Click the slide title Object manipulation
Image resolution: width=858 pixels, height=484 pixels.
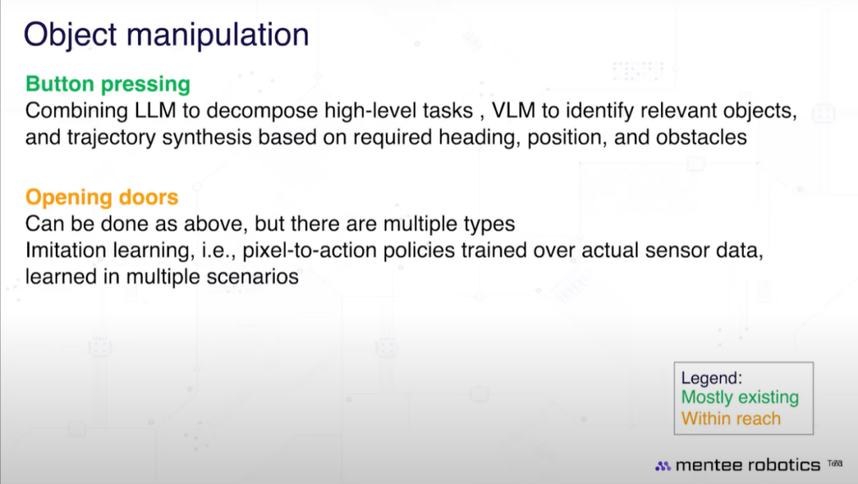tap(166, 35)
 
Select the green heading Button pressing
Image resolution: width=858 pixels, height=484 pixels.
tap(108, 84)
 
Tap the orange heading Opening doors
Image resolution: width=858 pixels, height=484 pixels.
tap(102, 197)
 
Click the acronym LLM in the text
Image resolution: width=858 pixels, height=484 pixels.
tap(156, 110)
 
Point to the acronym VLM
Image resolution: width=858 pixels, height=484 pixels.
tap(514, 110)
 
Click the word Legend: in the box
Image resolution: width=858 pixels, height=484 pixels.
tap(711, 378)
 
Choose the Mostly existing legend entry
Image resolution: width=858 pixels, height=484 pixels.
tap(740, 397)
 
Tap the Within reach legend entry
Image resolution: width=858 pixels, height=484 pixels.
tap(731, 419)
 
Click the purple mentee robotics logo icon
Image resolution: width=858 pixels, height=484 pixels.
tap(663, 466)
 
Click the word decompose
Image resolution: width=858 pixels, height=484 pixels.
tap(261, 111)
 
